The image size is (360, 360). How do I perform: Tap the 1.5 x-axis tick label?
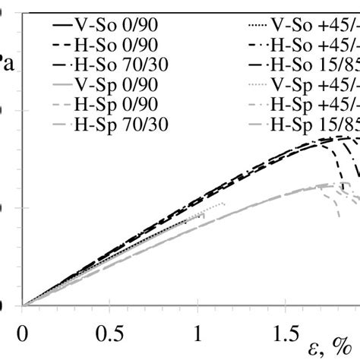click(284, 333)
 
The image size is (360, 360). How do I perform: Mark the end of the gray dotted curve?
click(226, 204)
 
